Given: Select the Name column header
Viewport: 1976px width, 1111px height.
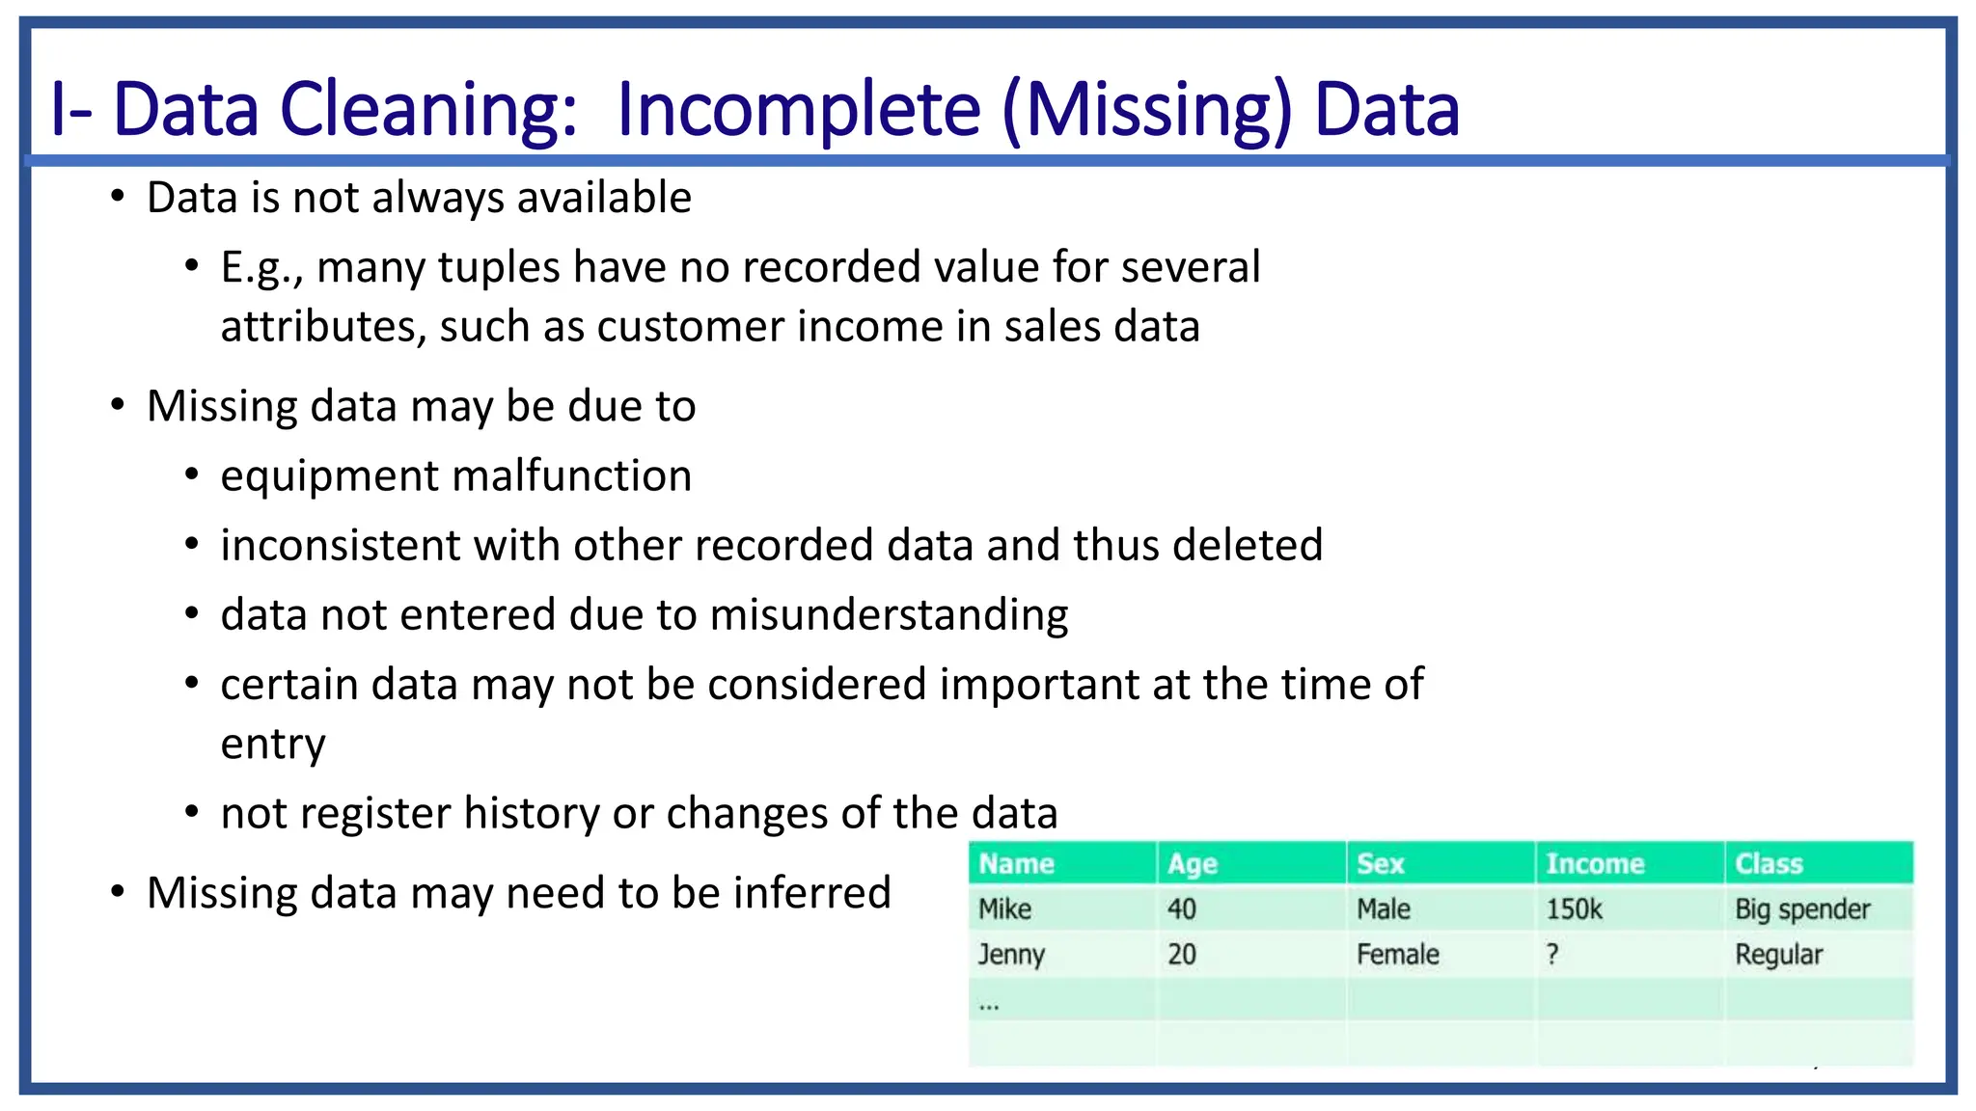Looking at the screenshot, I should coord(1016,863).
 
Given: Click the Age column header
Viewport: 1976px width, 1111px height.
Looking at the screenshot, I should coord(1193,863).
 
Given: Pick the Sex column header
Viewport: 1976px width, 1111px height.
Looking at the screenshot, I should coord(1380,863).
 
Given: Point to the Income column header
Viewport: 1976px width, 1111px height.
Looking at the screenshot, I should coord(1595,863).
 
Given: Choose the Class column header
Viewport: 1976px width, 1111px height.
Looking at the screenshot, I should coord(1769,863).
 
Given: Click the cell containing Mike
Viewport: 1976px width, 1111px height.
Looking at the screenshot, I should coord(1004,908).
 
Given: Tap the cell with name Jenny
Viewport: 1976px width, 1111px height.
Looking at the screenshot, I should coord(1011,954).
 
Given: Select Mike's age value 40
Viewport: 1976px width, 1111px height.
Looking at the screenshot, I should coord(1182,908).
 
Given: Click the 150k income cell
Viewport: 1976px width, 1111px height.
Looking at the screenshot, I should coord(1574,908).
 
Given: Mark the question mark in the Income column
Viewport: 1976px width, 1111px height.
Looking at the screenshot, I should coord(1552,954).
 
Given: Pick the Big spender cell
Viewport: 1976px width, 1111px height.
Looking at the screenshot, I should coord(1802,908).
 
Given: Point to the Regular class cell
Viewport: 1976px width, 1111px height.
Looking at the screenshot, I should coord(1778,954).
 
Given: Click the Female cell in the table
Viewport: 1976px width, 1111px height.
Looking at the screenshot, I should coord(1397,954).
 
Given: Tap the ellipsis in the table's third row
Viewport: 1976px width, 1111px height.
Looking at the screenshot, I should coord(989,1005).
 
